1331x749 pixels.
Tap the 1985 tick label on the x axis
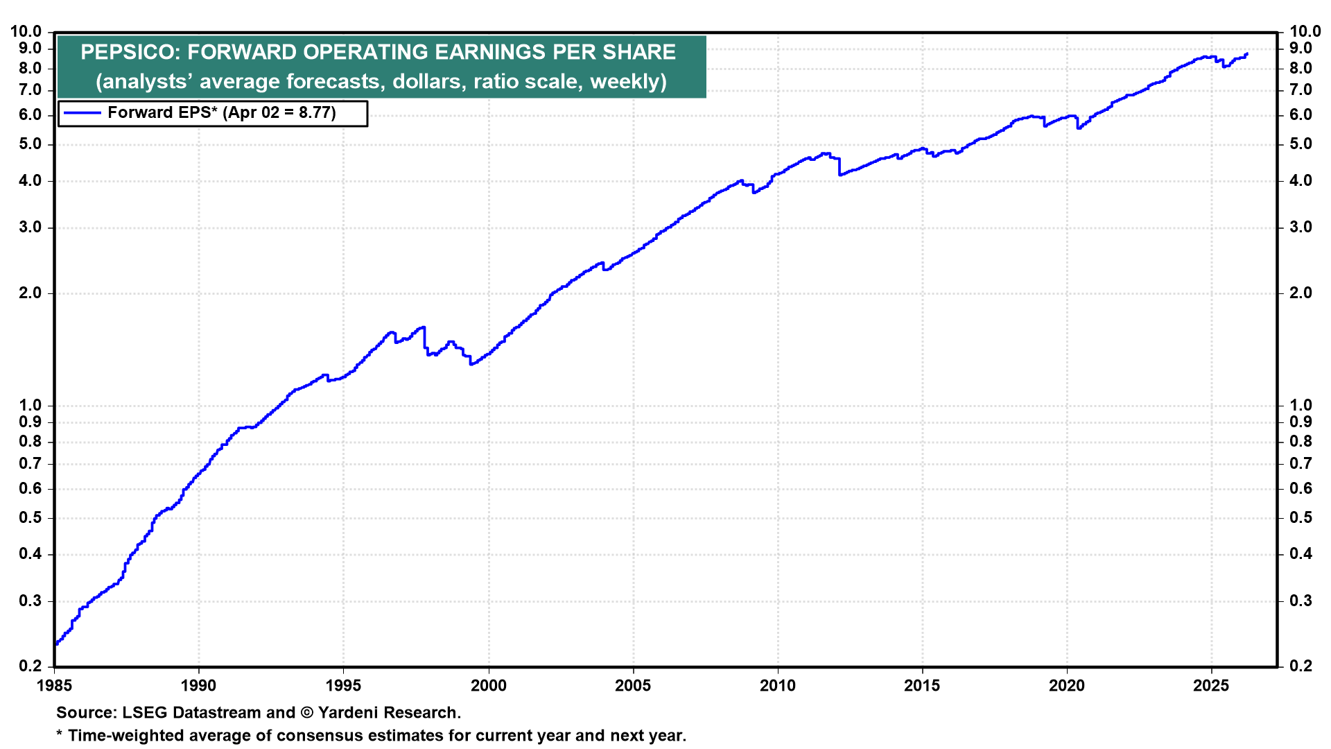tap(54, 686)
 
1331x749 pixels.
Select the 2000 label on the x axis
tap(488, 686)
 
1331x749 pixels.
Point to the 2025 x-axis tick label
tap(1211, 686)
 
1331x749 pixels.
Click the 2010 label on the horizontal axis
tap(777, 686)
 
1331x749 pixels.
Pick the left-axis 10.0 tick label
tap(26, 31)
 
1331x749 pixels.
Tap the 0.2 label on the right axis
tap(1300, 666)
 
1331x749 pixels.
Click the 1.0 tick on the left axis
tap(30, 405)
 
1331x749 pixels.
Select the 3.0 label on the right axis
tap(1300, 227)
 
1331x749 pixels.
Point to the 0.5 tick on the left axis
tap(30, 518)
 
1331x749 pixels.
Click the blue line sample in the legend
tap(81, 113)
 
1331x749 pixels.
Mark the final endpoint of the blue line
tap(1246, 54)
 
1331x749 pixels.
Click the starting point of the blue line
tap(55, 644)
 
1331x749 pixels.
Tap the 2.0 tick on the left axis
tap(30, 293)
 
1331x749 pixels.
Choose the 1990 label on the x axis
tap(198, 686)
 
